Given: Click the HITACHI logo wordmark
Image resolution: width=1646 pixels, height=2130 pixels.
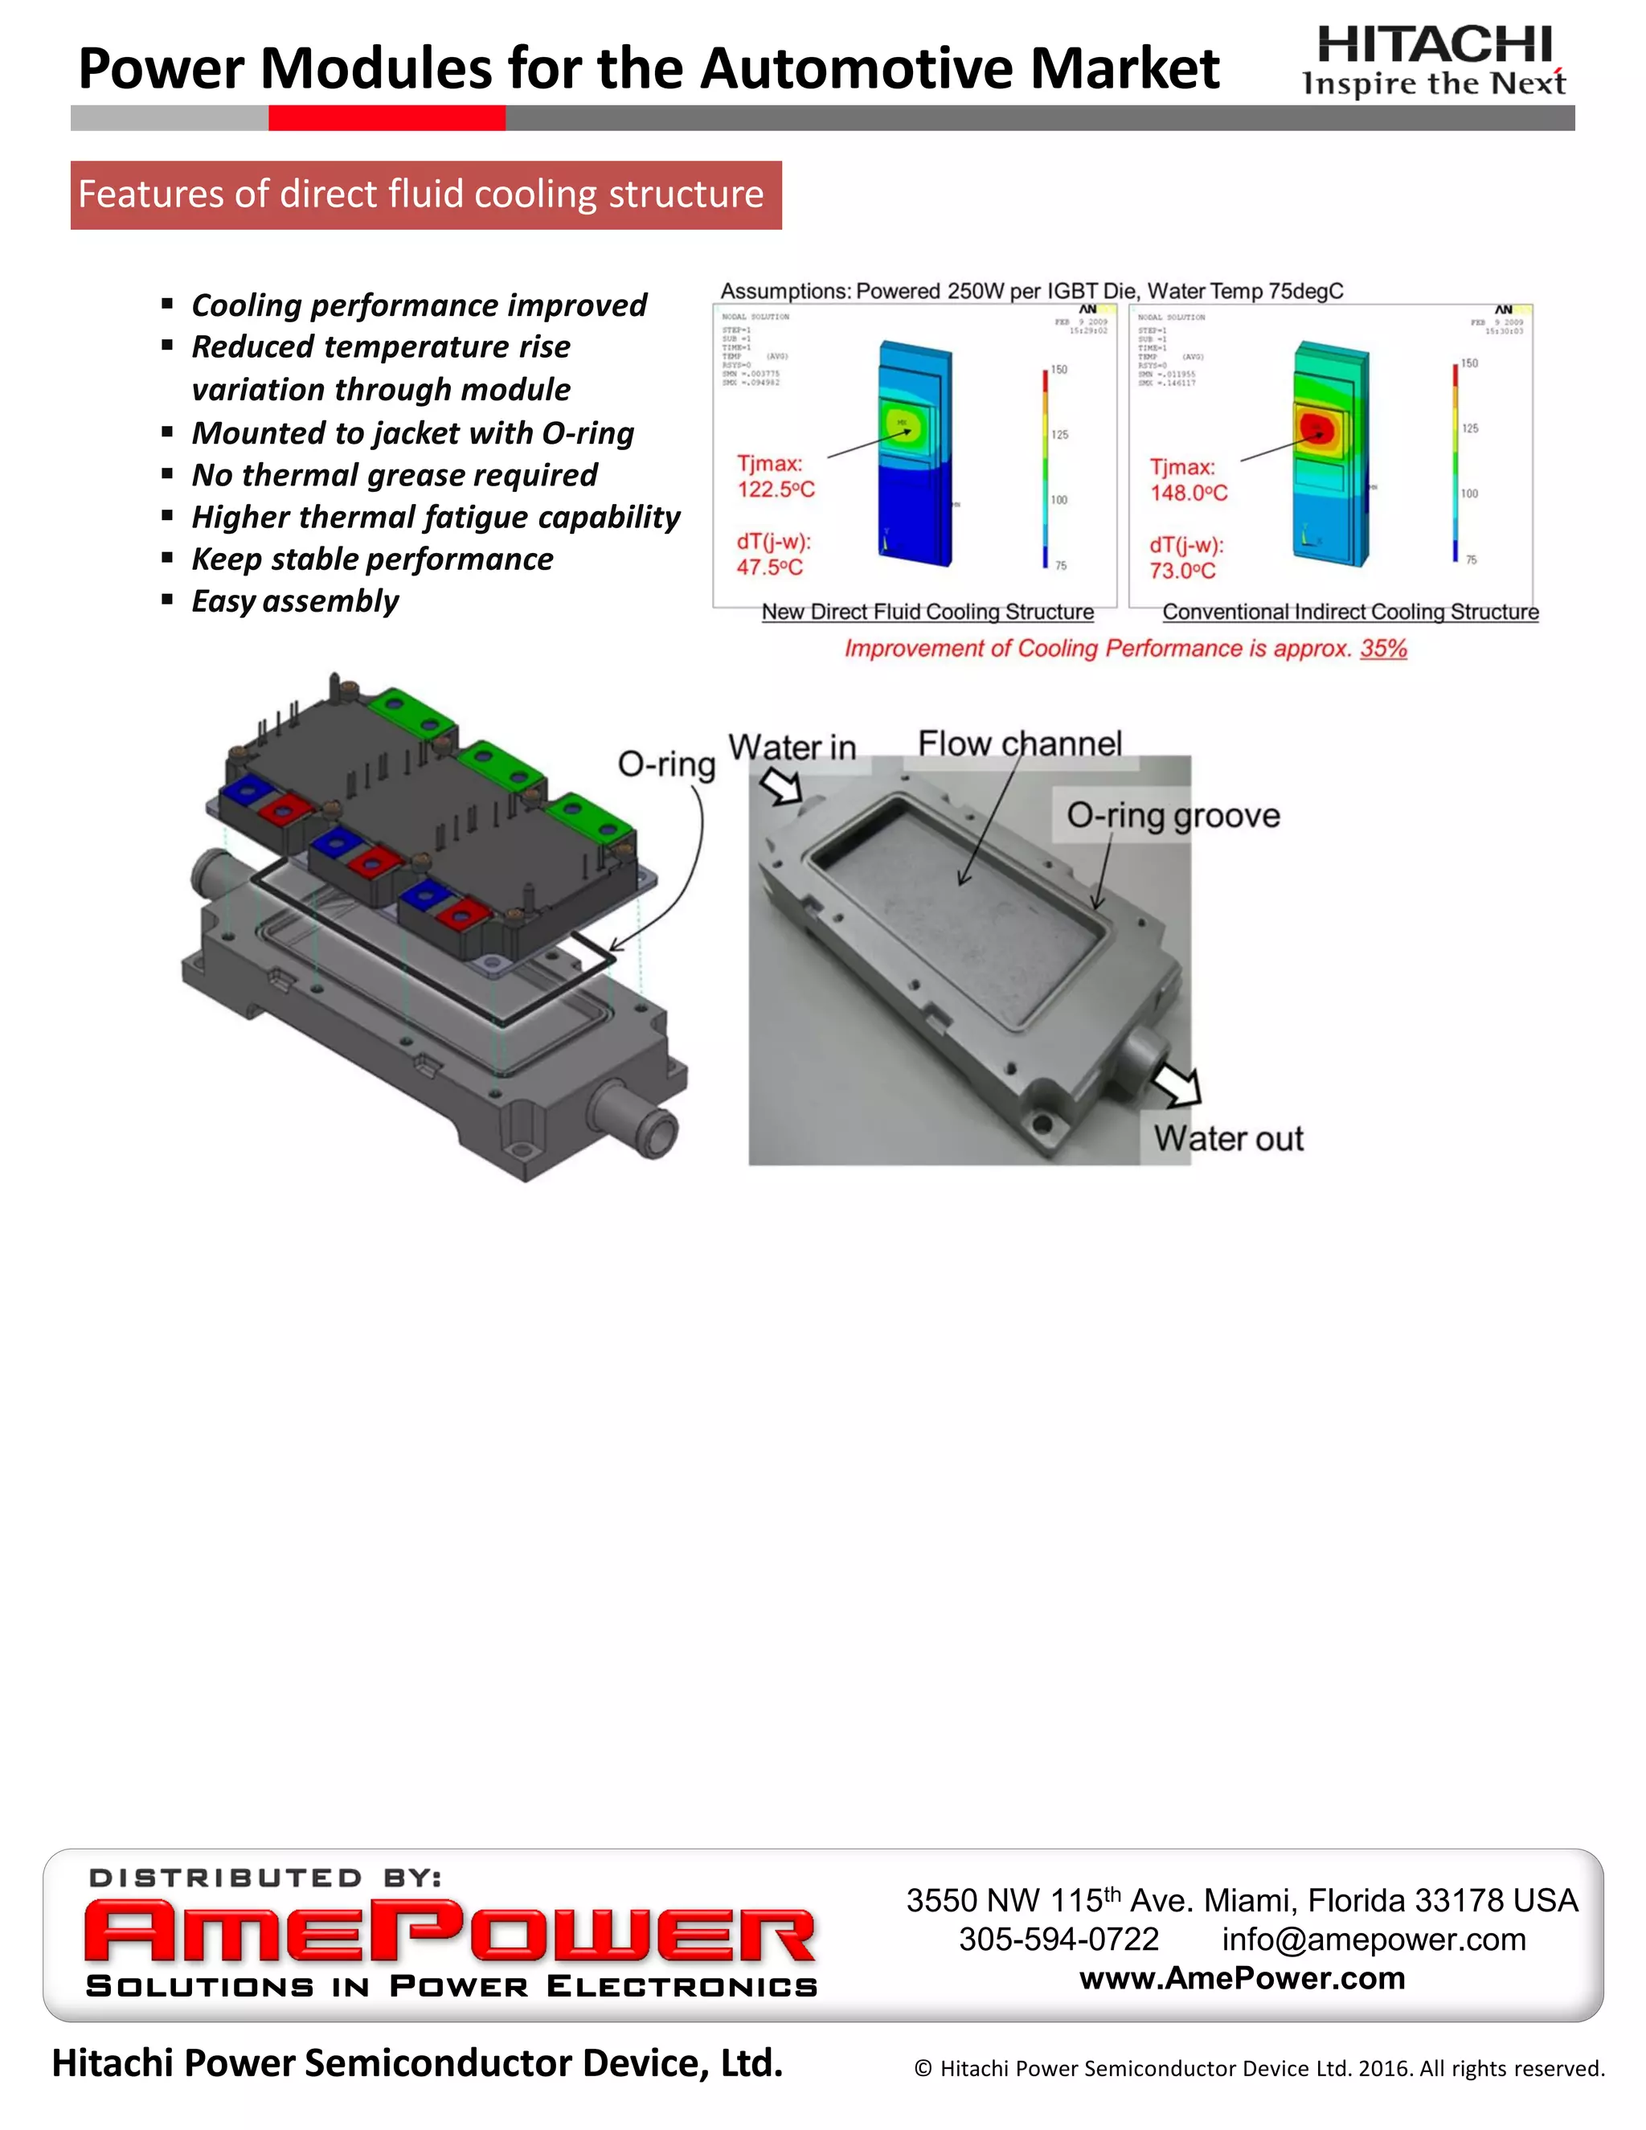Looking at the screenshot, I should (1435, 45).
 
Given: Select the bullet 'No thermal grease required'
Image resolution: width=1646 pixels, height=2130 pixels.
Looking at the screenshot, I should (394, 475).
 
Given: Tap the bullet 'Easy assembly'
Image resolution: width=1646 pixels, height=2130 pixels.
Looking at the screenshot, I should (294, 600).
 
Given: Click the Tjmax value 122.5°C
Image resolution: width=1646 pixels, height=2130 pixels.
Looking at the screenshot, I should (776, 489).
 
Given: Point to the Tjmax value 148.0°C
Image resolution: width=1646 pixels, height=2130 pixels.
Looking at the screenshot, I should (1188, 494).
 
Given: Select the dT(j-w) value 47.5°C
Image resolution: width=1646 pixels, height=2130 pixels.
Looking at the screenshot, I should (769, 567).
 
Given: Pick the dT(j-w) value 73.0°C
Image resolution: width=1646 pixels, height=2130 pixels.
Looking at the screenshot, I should (1181, 571).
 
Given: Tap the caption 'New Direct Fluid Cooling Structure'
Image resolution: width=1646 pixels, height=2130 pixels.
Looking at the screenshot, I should (927, 612).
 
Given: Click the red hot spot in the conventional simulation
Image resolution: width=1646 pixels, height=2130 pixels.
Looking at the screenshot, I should (1316, 426).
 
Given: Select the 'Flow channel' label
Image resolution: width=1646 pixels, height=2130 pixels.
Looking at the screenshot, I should (1019, 744).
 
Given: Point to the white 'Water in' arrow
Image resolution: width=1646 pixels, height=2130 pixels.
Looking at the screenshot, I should (781, 786).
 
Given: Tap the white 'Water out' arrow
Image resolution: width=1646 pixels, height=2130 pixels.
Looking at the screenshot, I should (1177, 1083).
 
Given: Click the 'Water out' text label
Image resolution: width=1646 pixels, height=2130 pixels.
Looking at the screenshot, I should (1228, 1138).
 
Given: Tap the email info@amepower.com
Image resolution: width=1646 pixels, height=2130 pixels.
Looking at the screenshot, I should (1373, 1939).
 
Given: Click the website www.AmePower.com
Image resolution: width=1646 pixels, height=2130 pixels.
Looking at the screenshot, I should (1241, 1978).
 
